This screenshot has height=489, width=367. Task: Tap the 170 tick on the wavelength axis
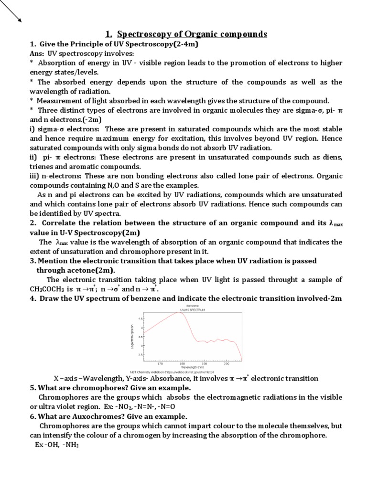coord(160,363)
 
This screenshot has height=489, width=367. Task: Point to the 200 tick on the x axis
coord(227,363)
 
